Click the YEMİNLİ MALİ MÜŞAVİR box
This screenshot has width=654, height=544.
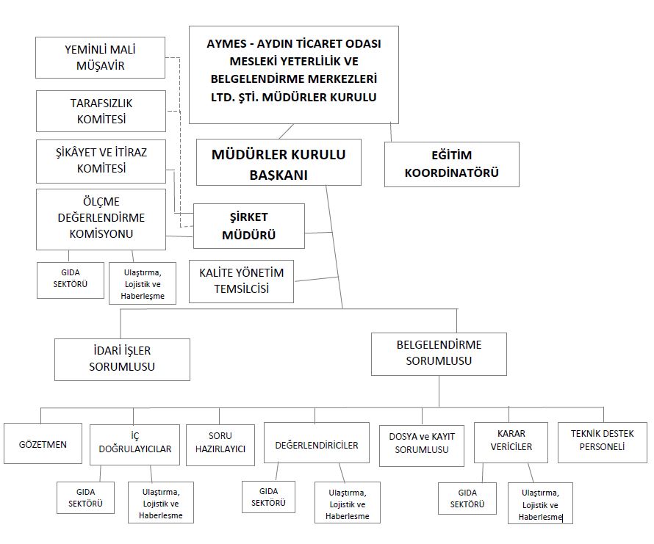[x=101, y=58]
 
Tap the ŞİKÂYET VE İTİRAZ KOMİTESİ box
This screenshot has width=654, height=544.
[x=101, y=161]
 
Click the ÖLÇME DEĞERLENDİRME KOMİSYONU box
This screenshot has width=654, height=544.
[x=101, y=218]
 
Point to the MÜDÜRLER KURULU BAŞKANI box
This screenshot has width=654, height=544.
[x=278, y=164]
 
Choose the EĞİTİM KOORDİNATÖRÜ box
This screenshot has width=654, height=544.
[x=451, y=164]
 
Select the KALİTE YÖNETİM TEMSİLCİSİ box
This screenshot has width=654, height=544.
[x=241, y=280]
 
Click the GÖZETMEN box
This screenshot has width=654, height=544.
[x=43, y=444]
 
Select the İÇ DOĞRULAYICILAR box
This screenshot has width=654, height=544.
[x=134, y=443]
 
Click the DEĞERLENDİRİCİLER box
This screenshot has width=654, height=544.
[x=316, y=444]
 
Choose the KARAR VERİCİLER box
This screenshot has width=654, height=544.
[x=510, y=440]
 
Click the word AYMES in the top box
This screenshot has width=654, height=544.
[x=229, y=43]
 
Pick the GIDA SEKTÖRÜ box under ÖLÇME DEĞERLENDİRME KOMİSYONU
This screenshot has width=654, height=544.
[x=71, y=279]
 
